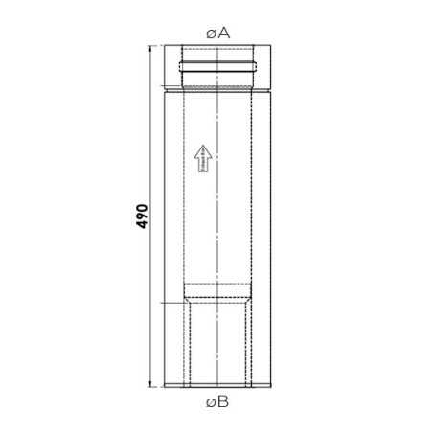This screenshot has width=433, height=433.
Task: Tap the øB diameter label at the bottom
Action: tap(217, 402)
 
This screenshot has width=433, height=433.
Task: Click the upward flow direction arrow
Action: tap(202, 158)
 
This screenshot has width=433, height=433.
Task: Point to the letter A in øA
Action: tap(224, 32)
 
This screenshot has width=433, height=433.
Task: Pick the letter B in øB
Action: tap(223, 402)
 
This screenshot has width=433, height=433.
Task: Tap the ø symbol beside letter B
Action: tap(211, 403)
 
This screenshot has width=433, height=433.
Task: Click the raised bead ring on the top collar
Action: tap(217, 68)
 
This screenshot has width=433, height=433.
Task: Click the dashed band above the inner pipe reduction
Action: tap(217, 285)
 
